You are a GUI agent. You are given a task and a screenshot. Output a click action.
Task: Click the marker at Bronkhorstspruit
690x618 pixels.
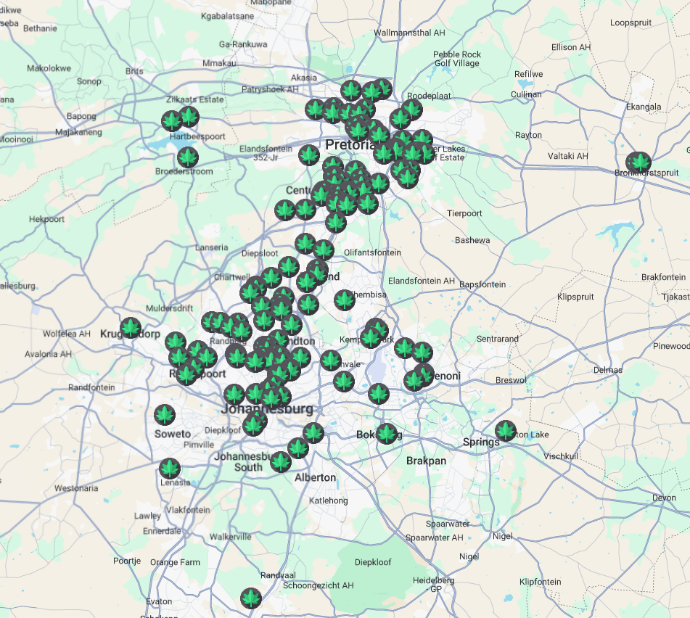(x=639, y=162)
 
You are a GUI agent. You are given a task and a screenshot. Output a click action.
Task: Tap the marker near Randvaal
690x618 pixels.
(x=251, y=598)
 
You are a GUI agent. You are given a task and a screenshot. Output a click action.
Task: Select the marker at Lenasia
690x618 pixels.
(x=170, y=469)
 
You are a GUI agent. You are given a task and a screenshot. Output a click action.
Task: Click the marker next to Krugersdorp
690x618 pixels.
(x=131, y=328)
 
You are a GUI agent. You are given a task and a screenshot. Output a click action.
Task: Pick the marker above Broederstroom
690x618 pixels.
(x=188, y=157)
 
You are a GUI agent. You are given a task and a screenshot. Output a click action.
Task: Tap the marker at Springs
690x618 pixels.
(x=506, y=431)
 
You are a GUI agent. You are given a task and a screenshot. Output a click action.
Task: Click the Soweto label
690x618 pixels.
(x=173, y=434)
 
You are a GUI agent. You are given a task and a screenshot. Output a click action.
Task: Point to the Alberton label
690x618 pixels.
(x=315, y=477)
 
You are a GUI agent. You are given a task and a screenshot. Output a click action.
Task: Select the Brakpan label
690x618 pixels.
(x=426, y=461)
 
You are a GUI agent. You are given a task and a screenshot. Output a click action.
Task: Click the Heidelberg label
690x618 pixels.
(x=433, y=580)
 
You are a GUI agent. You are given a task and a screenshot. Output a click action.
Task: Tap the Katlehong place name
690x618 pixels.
(x=329, y=500)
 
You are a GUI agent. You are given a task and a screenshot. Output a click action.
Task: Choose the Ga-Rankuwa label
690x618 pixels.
(x=243, y=44)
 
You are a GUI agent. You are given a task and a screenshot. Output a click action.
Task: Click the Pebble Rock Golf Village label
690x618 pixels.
(x=457, y=59)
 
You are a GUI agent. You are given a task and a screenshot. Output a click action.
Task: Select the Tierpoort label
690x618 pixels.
(x=464, y=213)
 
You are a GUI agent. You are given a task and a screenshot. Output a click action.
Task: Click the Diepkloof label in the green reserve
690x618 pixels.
(x=372, y=562)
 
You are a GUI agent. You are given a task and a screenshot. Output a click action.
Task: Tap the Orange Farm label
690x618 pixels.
(x=175, y=562)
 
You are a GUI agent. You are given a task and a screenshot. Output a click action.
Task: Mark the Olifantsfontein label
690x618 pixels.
(x=372, y=252)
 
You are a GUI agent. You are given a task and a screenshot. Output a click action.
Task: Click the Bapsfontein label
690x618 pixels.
(x=482, y=284)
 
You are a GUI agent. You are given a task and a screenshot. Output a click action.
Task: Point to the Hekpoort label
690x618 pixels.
(x=46, y=219)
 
